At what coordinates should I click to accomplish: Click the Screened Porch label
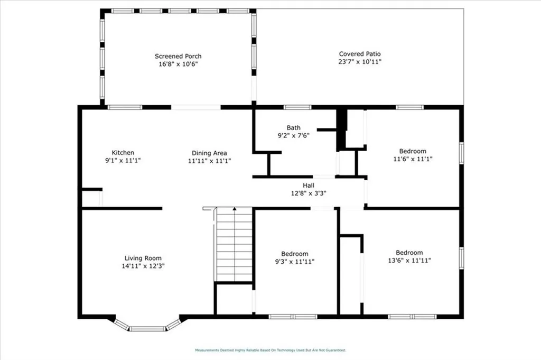click(178, 56)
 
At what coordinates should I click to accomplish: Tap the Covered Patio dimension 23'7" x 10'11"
click(360, 62)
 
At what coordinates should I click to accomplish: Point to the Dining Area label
click(209, 153)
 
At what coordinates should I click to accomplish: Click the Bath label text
click(293, 127)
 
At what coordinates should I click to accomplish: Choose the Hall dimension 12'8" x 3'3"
click(308, 193)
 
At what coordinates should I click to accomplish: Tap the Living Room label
click(143, 258)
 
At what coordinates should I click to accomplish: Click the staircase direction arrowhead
click(234, 209)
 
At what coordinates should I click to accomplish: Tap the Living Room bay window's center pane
click(147, 329)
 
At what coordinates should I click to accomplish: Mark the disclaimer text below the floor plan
click(270, 350)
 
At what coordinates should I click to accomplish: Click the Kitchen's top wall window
click(125, 107)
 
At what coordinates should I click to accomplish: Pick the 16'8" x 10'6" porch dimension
click(178, 64)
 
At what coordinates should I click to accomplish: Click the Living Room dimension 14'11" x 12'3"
click(143, 266)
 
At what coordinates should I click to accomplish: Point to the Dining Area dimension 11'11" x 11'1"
click(209, 161)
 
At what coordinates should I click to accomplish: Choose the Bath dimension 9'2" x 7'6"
click(293, 135)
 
